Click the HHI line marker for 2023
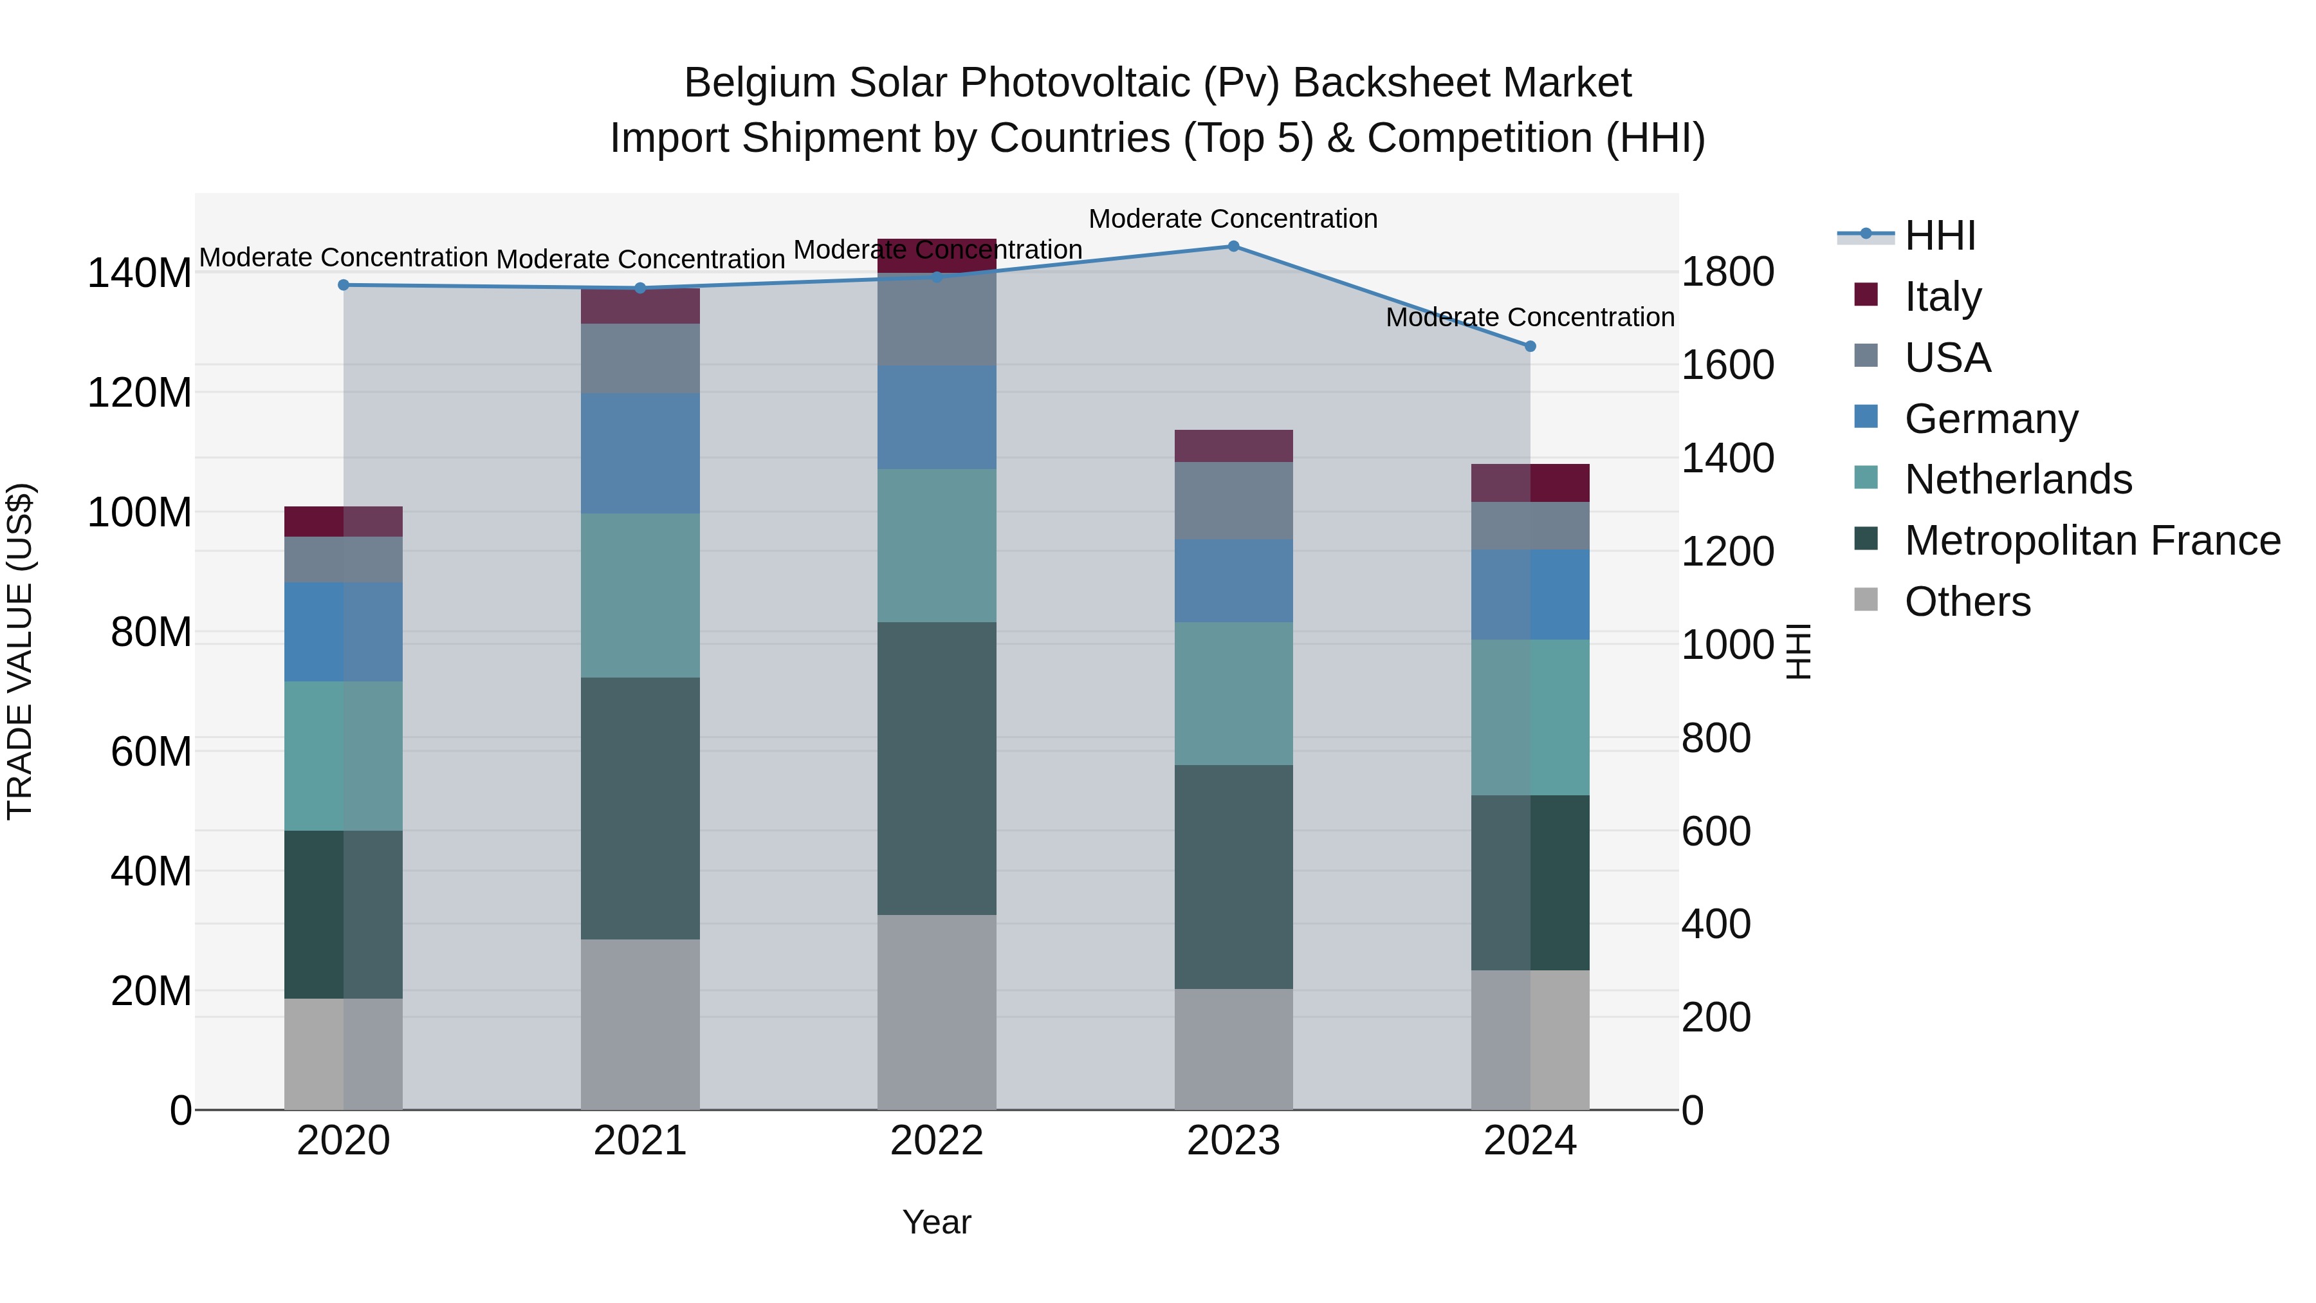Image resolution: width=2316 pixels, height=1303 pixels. point(1233,246)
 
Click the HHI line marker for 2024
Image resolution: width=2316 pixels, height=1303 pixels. point(1530,346)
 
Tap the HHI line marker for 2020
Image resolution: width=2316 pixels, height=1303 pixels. point(344,285)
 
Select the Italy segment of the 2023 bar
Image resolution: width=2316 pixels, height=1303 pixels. point(1233,446)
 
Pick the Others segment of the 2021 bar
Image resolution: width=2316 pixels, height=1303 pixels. point(640,1024)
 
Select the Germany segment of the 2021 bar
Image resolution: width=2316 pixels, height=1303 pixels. point(640,453)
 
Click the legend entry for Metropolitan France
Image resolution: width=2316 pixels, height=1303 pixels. point(2091,541)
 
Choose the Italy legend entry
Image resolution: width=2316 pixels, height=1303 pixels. point(1942,296)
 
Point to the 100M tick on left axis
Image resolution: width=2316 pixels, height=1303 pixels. point(140,513)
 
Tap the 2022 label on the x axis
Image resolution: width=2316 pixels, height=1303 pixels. point(937,1141)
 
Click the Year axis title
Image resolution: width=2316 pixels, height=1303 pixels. point(937,1222)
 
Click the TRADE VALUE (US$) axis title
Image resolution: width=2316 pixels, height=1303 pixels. point(20,651)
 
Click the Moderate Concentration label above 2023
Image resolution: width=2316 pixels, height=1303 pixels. point(1233,219)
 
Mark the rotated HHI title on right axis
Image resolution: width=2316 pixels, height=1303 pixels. point(1797,651)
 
